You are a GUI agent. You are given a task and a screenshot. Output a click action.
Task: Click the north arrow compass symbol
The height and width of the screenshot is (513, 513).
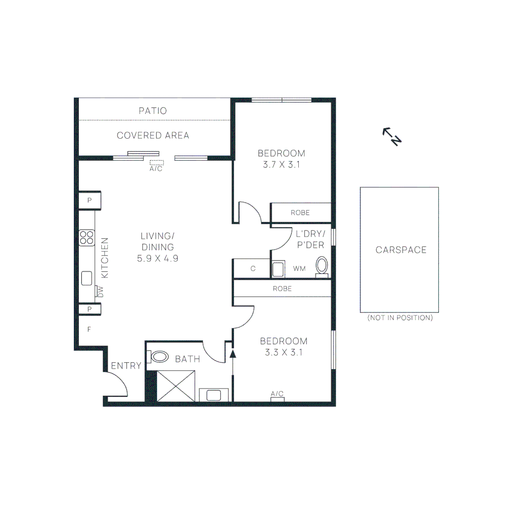coord(393,136)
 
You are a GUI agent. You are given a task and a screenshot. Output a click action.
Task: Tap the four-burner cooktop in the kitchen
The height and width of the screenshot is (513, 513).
coord(86,237)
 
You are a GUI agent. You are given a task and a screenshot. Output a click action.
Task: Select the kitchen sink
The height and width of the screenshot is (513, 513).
coord(86,278)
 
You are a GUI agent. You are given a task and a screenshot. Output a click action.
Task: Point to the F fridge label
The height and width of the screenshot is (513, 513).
coord(88,329)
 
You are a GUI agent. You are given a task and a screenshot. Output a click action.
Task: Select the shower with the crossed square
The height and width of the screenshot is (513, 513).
coord(176,386)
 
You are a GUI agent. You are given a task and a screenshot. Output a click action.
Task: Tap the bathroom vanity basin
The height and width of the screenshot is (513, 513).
coord(214,395)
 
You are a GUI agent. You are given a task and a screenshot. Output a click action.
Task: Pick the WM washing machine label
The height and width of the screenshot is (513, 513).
coord(299,269)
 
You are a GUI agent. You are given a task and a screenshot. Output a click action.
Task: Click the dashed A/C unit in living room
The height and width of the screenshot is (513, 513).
coord(156,162)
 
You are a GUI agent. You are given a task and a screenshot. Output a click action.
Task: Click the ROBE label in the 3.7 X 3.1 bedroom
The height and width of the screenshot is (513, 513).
coord(300,213)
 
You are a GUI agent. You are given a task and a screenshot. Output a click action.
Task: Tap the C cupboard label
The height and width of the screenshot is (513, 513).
coord(253,269)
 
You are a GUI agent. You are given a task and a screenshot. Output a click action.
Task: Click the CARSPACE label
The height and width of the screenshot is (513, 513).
coord(401,250)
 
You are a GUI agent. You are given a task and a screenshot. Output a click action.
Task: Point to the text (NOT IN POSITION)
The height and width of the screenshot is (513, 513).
coord(400,318)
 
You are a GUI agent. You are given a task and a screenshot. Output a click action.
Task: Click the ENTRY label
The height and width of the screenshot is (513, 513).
coord(126,366)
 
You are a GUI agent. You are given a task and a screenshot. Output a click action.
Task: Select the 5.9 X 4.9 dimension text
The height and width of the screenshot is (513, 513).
coord(157,259)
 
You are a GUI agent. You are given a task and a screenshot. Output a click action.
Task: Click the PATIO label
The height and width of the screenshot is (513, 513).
coord(153,111)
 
